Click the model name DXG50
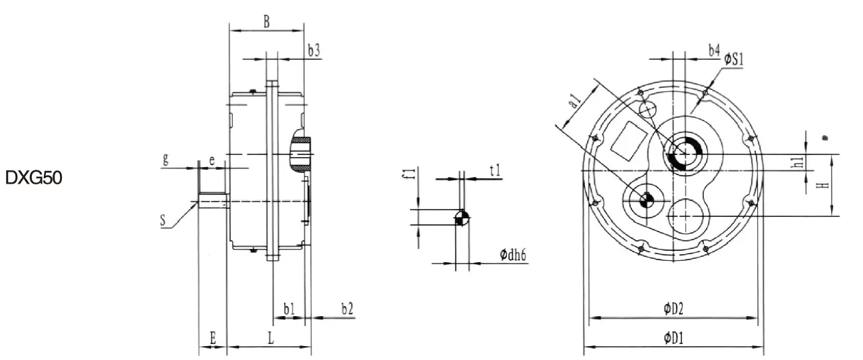tap(34, 178)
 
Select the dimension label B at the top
tap(265, 21)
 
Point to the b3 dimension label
tap(314, 50)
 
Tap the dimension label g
tap(165, 160)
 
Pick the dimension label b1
tap(289, 308)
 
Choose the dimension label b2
tap(347, 308)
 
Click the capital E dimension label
tap(212, 338)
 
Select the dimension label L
tap(271, 338)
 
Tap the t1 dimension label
tap(495, 170)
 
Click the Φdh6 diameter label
tap(514, 255)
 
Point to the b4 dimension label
tap(713, 50)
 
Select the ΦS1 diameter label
tap(733, 60)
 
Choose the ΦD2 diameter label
tap(673, 308)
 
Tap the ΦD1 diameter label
tap(673, 338)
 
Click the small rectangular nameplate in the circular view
tap(627, 140)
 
